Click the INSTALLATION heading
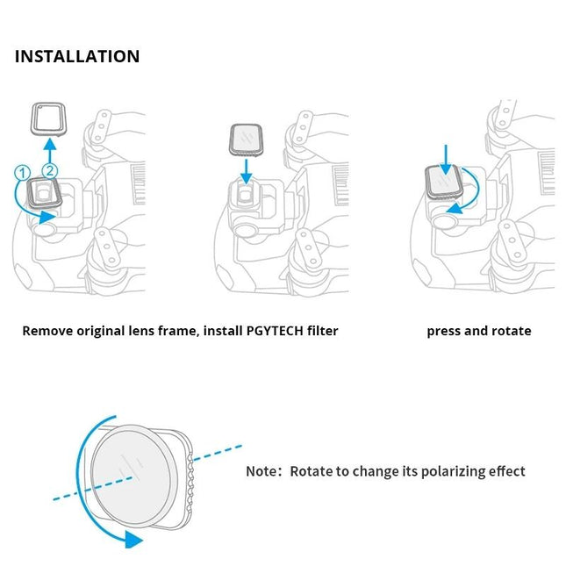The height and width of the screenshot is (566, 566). click(x=77, y=57)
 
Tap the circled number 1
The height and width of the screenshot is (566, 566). click(x=21, y=174)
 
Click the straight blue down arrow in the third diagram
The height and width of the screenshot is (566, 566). click(x=446, y=160)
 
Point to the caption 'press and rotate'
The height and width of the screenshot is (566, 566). click(x=478, y=331)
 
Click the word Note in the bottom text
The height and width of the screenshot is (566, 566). click(x=261, y=471)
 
